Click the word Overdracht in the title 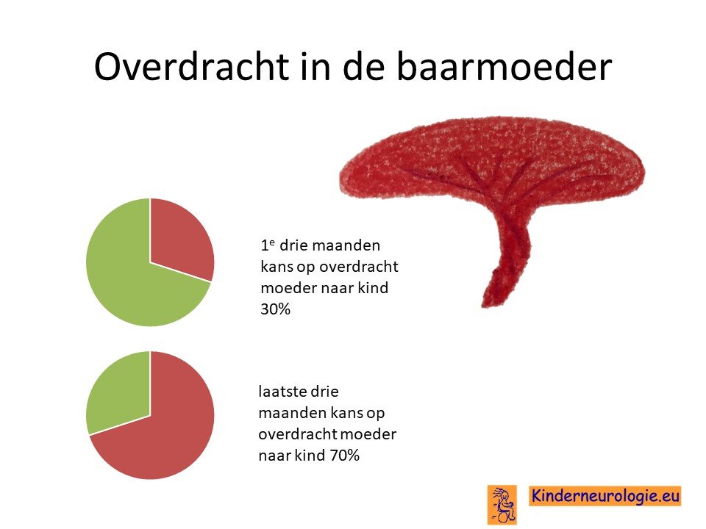[191, 67]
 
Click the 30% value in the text [276, 309]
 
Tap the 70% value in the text [345, 456]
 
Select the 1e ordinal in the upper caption [268, 245]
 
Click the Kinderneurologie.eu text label [605, 496]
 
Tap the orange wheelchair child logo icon [502, 504]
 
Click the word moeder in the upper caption [284, 288]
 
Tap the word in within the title [315, 67]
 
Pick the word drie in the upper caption [293, 245]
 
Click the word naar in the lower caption [274, 456]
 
